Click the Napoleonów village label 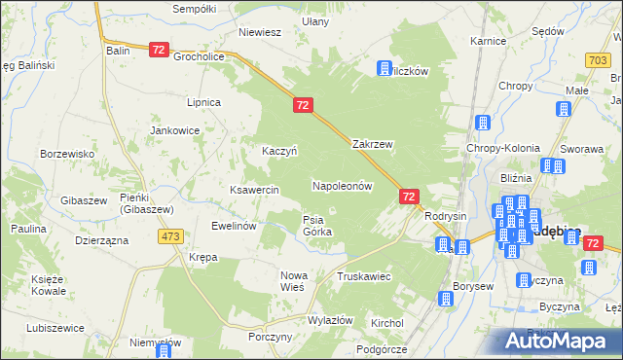click(342, 185)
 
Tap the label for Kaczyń click(278, 151)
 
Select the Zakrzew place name click(372, 144)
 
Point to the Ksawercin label click(254, 189)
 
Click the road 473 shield click(172, 236)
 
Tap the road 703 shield click(599, 60)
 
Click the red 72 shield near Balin click(161, 49)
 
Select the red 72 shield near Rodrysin click(409, 197)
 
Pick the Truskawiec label click(363, 276)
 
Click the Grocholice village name click(200, 56)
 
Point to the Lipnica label click(204, 102)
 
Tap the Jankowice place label click(174, 129)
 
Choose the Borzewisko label click(66, 154)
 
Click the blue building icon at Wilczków click(385, 68)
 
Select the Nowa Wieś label click(293, 281)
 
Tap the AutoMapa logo click(560, 341)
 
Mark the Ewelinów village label click(234, 226)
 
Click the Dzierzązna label click(101, 238)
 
